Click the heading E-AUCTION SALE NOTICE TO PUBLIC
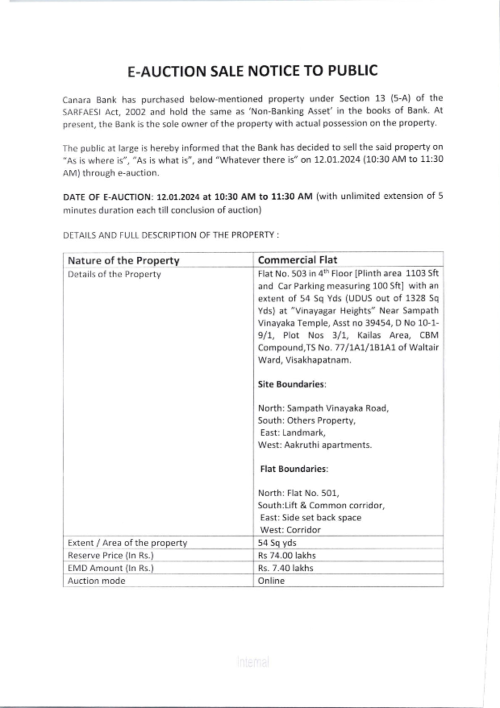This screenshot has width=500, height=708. point(252,71)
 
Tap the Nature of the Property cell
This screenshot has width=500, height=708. point(123,260)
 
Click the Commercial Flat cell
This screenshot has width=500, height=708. point(297,260)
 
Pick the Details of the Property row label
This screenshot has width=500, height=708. point(114,274)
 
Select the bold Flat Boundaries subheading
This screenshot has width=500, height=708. point(294,469)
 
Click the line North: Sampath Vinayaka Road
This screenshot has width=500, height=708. point(323,408)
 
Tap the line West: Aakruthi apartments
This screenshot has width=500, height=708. point(314,445)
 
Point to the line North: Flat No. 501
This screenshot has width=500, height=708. point(298,493)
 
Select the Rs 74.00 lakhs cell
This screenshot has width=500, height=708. point(287,555)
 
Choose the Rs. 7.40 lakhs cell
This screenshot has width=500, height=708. point(285,568)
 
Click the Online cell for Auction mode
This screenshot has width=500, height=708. point(271,581)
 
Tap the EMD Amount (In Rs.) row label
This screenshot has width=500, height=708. point(110,568)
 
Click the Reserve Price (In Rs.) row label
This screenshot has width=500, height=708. point(110,555)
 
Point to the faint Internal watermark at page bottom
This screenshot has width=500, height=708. point(253,663)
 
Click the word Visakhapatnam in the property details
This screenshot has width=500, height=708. point(318,360)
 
